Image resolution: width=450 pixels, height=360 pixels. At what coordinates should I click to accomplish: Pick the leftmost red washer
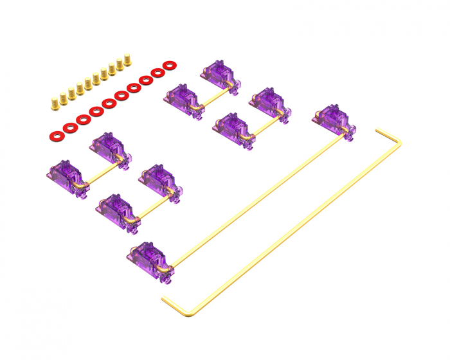click(x=55, y=136)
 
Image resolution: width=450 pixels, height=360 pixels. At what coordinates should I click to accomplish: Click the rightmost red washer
click(x=170, y=65)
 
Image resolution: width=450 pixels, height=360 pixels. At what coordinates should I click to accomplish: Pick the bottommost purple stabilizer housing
click(x=151, y=256)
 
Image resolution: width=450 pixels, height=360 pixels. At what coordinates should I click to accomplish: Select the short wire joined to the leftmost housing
click(x=103, y=174)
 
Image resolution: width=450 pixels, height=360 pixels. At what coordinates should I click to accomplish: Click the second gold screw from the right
click(x=120, y=64)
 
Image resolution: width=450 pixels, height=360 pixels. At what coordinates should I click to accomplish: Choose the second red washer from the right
click(x=157, y=73)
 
